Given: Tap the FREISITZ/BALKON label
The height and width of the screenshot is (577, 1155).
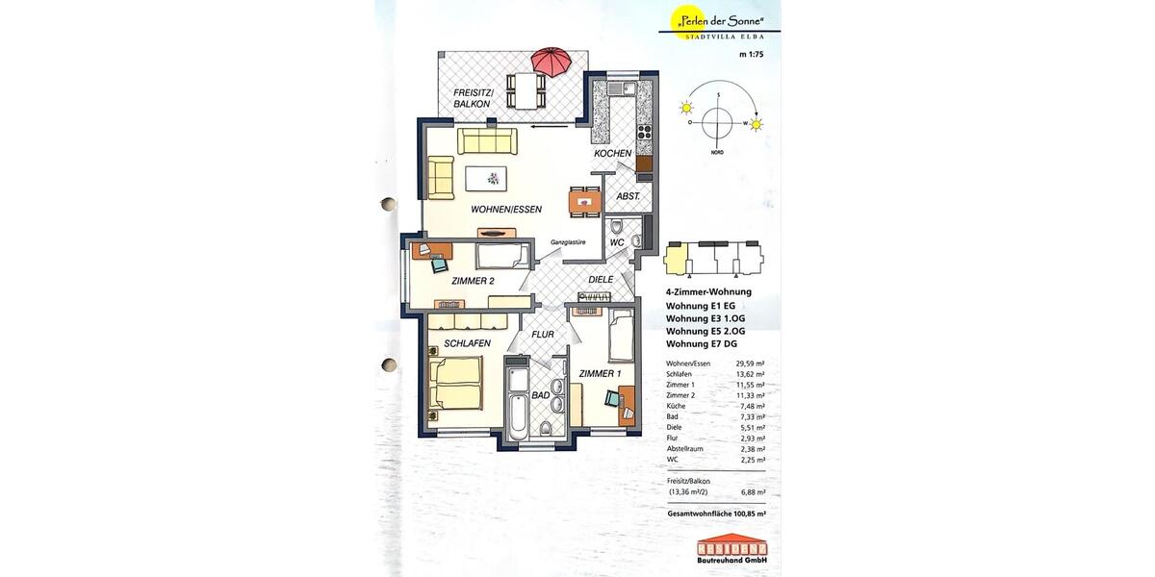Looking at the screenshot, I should (x=473, y=97).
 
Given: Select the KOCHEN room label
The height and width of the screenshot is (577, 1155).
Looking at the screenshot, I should (x=613, y=154).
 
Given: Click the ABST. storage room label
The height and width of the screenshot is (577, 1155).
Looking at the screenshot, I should (x=616, y=195).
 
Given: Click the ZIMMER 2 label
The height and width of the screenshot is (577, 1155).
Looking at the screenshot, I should (x=473, y=281).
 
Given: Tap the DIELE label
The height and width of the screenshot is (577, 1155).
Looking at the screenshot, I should (x=602, y=279).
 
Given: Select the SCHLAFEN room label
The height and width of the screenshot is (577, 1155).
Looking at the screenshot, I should (x=468, y=343).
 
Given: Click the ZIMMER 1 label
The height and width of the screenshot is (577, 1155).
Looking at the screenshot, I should (x=600, y=373).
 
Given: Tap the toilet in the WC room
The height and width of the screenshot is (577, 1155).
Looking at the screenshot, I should (x=616, y=228).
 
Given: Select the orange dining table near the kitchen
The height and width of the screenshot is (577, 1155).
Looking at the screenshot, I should (x=582, y=200).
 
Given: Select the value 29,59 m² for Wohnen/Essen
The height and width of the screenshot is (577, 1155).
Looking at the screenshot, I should (x=750, y=364).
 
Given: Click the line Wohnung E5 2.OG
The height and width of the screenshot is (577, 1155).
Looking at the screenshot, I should (x=700, y=331).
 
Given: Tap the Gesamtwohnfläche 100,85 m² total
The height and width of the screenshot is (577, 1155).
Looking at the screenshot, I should (x=716, y=514).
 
